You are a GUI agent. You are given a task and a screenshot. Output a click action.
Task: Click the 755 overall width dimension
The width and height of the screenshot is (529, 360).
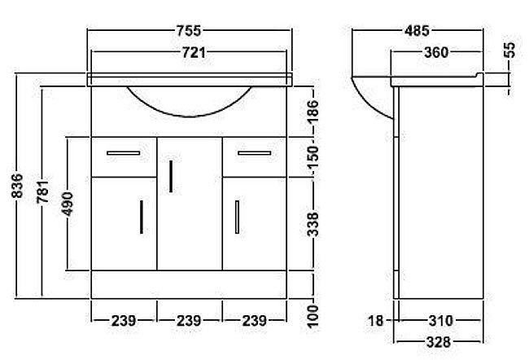click(189, 31)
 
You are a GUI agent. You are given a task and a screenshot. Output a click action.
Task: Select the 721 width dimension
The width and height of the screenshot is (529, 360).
click(189, 53)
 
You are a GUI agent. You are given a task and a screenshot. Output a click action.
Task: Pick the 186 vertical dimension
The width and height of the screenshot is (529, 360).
click(312, 108)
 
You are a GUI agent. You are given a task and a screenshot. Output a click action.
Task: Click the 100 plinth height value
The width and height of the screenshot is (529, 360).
click(312, 314)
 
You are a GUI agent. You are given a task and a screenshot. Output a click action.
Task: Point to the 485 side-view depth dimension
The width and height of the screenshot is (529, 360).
click(418, 31)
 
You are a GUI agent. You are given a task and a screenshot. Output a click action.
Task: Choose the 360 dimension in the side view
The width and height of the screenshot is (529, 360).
click(435, 53)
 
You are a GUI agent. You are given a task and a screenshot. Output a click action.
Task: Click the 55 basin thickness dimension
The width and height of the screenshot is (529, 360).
click(509, 50)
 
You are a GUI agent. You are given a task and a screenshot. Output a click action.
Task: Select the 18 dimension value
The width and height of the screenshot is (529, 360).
click(374, 321)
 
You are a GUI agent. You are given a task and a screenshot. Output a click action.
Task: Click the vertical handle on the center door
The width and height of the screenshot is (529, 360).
click(171, 175)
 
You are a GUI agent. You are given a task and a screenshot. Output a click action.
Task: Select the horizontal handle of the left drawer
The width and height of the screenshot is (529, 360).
click(123, 151)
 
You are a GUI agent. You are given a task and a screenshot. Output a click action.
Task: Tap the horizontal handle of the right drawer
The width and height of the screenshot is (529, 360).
click(254, 151)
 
